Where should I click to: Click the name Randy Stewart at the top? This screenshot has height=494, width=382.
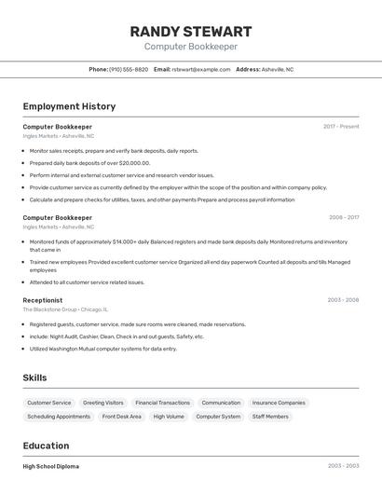[191, 31]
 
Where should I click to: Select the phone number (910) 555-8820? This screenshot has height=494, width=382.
[129, 69]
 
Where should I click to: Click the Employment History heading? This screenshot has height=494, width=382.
[69, 106]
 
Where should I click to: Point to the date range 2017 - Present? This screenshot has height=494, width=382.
[341, 127]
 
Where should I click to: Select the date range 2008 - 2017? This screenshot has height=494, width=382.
[343, 217]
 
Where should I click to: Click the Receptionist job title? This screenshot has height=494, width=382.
[43, 300]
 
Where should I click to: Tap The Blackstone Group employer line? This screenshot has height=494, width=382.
[65, 309]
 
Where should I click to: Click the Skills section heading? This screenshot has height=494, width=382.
[34, 377]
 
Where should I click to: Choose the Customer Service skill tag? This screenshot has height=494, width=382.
[49, 404]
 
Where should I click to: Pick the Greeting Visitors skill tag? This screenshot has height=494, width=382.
[103, 404]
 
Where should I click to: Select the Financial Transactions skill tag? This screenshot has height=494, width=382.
[162, 404]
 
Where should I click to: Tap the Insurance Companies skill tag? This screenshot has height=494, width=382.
[279, 404]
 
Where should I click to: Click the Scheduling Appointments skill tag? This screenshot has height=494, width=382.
[59, 417]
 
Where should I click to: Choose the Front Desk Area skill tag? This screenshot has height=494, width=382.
[122, 417]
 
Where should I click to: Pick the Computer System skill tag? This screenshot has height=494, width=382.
[218, 417]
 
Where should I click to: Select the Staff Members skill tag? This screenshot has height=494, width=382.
[270, 417]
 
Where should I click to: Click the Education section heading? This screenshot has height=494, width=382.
[46, 446]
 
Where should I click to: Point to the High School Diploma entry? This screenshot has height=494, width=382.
[51, 466]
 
